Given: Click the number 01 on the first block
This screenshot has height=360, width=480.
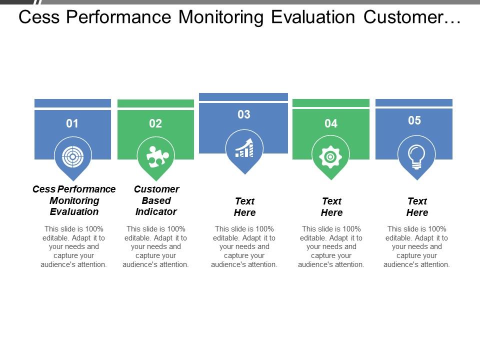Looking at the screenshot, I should [72, 123].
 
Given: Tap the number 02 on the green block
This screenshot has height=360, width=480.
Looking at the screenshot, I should [155, 123].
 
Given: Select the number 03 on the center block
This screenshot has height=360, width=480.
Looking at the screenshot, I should [243, 114].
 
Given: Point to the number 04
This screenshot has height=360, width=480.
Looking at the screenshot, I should [331, 123].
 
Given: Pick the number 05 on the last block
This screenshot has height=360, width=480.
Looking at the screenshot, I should [414, 120].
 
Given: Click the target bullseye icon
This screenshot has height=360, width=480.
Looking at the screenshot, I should [73, 156].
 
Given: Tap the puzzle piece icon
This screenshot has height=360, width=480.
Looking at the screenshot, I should [155, 156].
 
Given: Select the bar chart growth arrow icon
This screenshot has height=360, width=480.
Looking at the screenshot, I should [244, 148].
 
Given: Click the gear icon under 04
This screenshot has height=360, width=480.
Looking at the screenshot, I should [330, 157].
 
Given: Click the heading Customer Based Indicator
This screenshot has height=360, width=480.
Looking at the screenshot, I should [156, 200].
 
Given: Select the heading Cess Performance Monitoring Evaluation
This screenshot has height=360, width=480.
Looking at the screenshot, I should [74, 200].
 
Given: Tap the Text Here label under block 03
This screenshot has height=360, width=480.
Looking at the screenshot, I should [245, 207].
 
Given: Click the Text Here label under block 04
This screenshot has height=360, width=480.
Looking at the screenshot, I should [331, 207].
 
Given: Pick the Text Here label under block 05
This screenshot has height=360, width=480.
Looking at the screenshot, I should [417, 207].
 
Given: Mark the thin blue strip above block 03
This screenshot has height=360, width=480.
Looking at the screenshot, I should [243, 97].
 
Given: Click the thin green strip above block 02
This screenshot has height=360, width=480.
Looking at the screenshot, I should [155, 103].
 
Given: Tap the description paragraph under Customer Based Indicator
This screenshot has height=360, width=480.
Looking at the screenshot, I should [155, 246].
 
